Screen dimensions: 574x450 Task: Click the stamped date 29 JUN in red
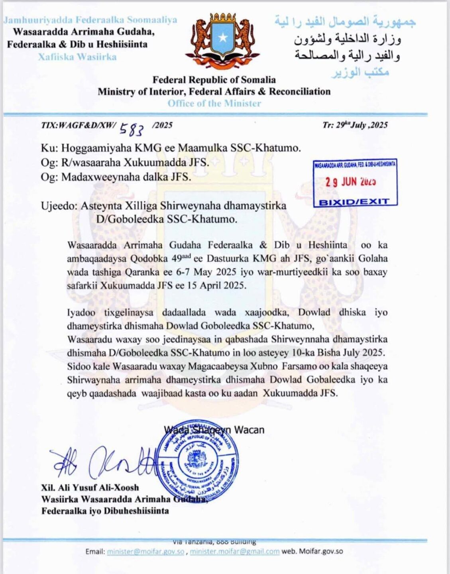click(350, 182)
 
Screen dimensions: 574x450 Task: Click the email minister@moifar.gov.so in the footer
click(145, 552)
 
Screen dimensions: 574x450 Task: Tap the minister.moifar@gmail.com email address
click(235, 552)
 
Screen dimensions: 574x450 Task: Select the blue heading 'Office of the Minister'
click(214, 103)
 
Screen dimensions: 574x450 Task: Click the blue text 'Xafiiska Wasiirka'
click(77, 57)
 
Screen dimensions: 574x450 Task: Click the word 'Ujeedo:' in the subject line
click(59, 206)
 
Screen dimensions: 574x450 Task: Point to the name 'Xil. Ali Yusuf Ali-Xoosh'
click(90, 488)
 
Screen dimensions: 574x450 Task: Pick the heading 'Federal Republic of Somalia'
click(214, 80)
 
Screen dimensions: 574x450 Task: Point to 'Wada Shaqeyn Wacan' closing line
click(214, 430)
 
